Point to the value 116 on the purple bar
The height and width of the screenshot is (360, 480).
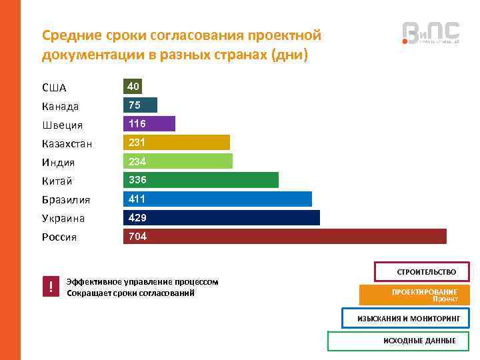click(137, 124)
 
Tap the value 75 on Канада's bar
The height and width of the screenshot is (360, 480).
click(135, 105)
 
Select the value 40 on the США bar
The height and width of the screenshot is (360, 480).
click(133, 87)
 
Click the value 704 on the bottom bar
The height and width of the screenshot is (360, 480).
click(138, 237)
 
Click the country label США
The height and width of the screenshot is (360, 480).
click(54, 88)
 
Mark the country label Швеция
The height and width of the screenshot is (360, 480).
click(62, 125)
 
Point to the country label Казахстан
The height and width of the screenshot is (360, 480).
click(67, 144)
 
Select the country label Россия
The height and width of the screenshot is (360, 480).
click(59, 237)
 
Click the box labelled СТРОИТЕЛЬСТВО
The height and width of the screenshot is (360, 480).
click(422, 272)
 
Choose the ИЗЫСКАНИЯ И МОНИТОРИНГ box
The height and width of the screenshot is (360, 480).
click(408, 319)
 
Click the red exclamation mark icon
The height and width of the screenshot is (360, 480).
click(51, 287)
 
